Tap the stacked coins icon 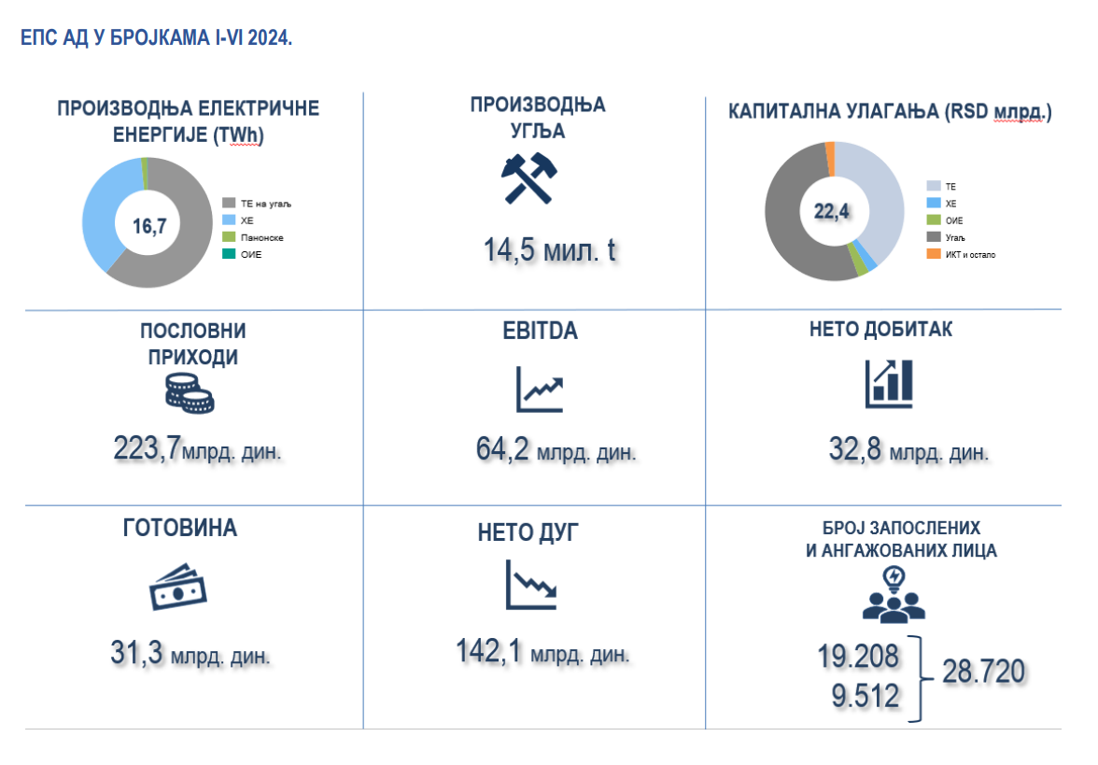190,394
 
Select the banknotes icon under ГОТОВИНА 177,586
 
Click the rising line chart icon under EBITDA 541,389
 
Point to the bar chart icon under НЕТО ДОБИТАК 888,383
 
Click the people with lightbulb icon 894,595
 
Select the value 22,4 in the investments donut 831,211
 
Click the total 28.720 984,671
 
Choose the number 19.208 860,657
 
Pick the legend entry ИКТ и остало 970,254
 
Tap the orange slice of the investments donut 830,158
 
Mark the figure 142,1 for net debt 488,650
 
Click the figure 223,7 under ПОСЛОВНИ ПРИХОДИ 147,448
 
